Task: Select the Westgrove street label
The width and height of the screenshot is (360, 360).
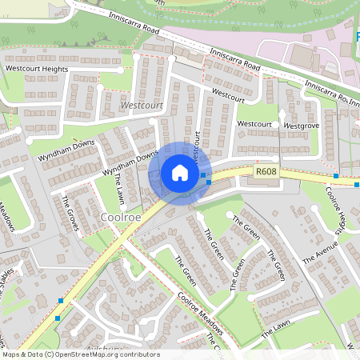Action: pyautogui.click(x=302, y=126)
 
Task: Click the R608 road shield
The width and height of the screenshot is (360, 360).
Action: pyautogui.click(x=266, y=171)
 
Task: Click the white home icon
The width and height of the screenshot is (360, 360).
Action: pyautogui.click(x=180, y=173)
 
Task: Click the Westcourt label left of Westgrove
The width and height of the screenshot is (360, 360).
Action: pyautogui.click(x=254, y=125)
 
